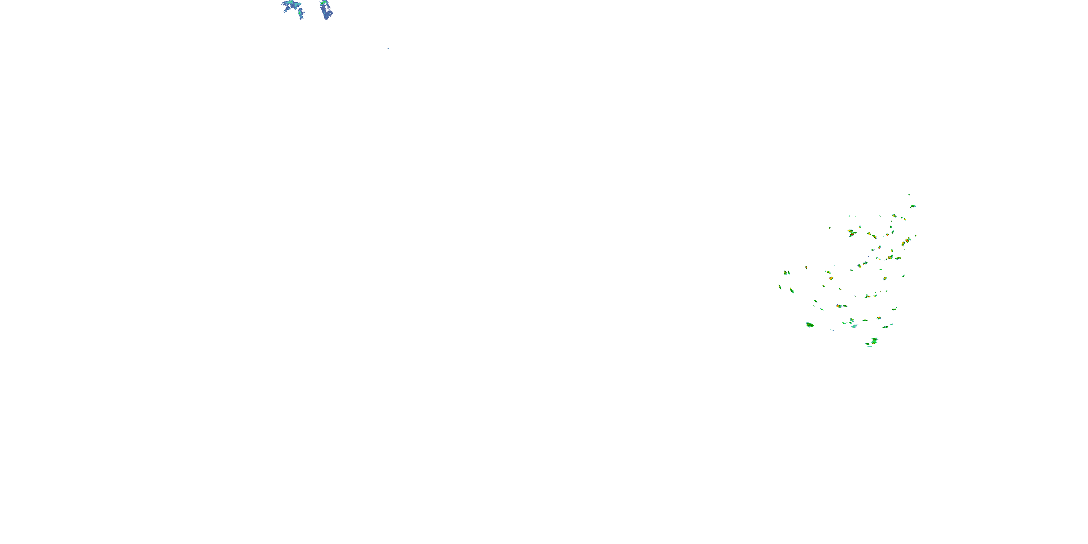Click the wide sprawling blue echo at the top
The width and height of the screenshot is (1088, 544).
(x=292, y=6)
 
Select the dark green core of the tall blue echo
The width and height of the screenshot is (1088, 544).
(x=323, y=4)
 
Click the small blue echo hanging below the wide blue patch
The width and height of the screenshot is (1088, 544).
(x=300, y=15)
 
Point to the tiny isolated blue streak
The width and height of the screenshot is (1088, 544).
(x=388, y=49)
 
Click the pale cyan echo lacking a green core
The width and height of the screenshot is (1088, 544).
(x=854, y=326)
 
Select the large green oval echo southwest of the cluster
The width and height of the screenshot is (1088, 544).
(x=809, y=325)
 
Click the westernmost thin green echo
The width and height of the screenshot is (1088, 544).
(x=780, y=288)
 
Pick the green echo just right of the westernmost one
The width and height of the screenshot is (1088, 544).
(x=792, y=290)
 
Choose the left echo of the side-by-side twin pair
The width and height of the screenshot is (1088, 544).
(x=785, y=272)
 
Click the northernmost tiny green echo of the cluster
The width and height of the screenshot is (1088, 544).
(x=909, y=195)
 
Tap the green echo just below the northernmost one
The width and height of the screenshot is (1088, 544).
(x=913, y=206)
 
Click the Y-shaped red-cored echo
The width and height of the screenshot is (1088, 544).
(x=852, y=232)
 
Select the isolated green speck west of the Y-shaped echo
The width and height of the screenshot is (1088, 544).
(x=829, y=228)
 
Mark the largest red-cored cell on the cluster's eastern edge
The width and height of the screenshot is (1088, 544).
(x=906, y=242)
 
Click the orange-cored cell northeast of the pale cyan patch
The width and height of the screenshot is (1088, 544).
(x=878, y=318)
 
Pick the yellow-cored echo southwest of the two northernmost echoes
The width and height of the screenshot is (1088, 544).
(x=894, y=216)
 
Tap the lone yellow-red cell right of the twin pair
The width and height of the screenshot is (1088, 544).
(x=806, y=267)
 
